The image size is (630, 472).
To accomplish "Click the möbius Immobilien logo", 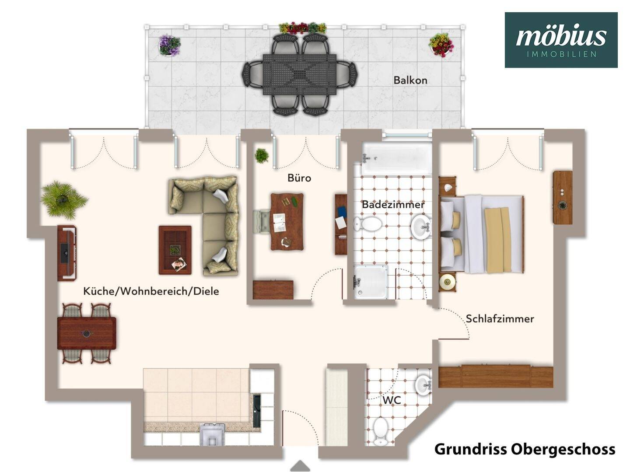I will click(x=561, y=40).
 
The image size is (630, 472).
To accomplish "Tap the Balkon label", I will click(x=410, y=80).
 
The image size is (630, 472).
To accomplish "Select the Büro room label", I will click(x=299, y=178).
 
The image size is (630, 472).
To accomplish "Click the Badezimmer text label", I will click(x=393, y=205).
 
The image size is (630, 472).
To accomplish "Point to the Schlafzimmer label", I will click(x=500, y=318).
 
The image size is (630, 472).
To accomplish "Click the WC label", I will click(x=392, y=400).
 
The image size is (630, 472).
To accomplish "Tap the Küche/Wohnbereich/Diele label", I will click(x=151, y=291).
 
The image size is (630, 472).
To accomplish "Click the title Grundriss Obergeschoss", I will click(x=525, y=449).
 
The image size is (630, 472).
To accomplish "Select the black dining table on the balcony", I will click(x=300, y=74).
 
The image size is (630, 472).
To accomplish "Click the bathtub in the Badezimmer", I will click(x=396, y=158).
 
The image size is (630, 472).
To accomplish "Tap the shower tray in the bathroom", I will click(x=371, y=282).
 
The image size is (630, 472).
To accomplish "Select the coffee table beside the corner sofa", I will click(x=175, y=250).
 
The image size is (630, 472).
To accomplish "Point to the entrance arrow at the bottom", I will click(x=300, y=466).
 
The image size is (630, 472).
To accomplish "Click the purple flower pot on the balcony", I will click(x=169, y=45).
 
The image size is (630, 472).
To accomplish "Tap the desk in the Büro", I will click(x=287, y=222).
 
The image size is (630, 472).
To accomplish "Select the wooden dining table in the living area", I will click(x=87, y=333).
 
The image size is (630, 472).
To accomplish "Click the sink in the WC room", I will click(x=423, y=385).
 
